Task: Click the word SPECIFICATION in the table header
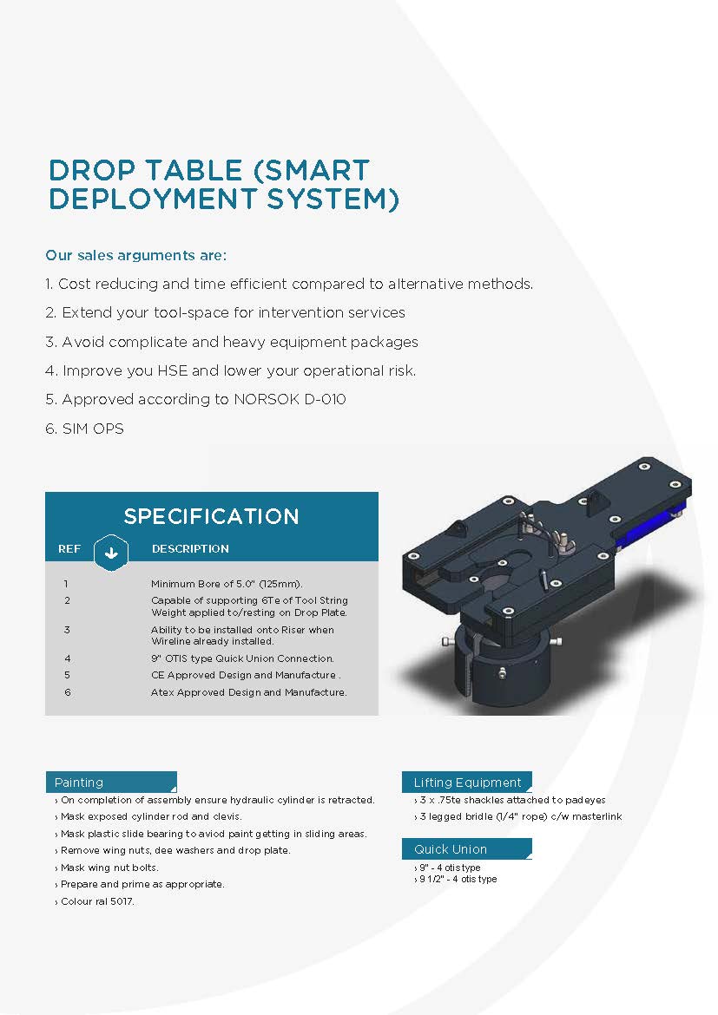[x=211, y=516]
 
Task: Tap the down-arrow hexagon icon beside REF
[x=111, y=552]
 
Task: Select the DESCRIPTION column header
[x=190, y=549]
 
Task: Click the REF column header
[x=69, y=549]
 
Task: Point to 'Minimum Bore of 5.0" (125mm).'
[x=227, y=583]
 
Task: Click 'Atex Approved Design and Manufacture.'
[x=249, y=692]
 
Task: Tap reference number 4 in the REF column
[x=68, y=658]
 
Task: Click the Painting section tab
[x=111, y=782]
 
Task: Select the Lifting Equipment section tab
[x=467, y=782]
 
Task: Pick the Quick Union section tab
[x=467, y=848]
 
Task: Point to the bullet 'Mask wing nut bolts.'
[x=107, y=868]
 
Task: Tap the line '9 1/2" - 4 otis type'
[x=456, y=879]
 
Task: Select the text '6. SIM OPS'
[x=84, y=429]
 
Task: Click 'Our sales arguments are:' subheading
[x=136, y=255]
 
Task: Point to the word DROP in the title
[x=93, y=170]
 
